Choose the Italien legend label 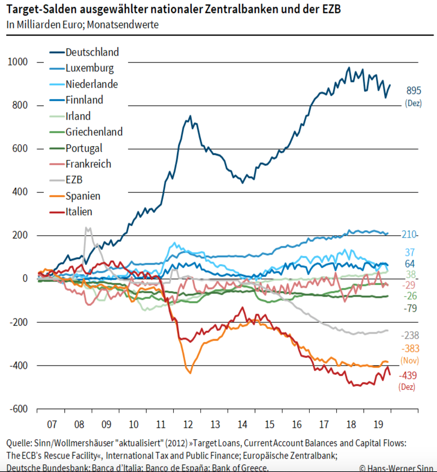tap(79, 212)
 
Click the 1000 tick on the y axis tap(18, 62)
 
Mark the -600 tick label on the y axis tap(18, 409)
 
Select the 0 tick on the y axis tap(25, 278)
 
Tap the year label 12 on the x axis tap(188, 425)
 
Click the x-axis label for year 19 tap(378, 425)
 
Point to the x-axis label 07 tap(52, 425)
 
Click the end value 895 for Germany tap(413, 91)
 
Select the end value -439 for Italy tap(408, 376)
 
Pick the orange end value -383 tap(410, 349)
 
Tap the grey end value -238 tap(410, 335)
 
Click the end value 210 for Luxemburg tap(409, 234)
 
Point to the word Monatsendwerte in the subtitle tap(123, 25)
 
